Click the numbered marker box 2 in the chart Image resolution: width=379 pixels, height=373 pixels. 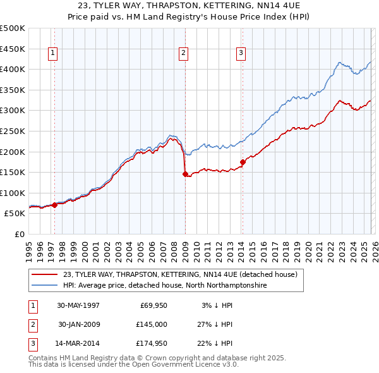click(183, 54)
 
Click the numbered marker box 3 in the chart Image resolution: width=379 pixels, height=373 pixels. click(241, 54)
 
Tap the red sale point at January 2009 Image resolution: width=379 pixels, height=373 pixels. click(185, 174)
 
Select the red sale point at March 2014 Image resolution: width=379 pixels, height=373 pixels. click(243, 162)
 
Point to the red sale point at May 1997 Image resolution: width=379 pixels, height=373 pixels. click(55, 205)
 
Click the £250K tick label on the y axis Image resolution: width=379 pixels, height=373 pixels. click(13, 131)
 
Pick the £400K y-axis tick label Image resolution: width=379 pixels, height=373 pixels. click(13, 69)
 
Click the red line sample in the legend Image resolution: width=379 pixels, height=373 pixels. click(45, 274)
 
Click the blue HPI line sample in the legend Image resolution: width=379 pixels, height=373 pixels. click(45, 286)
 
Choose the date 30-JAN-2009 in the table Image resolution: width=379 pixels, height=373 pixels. click(78, 324)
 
